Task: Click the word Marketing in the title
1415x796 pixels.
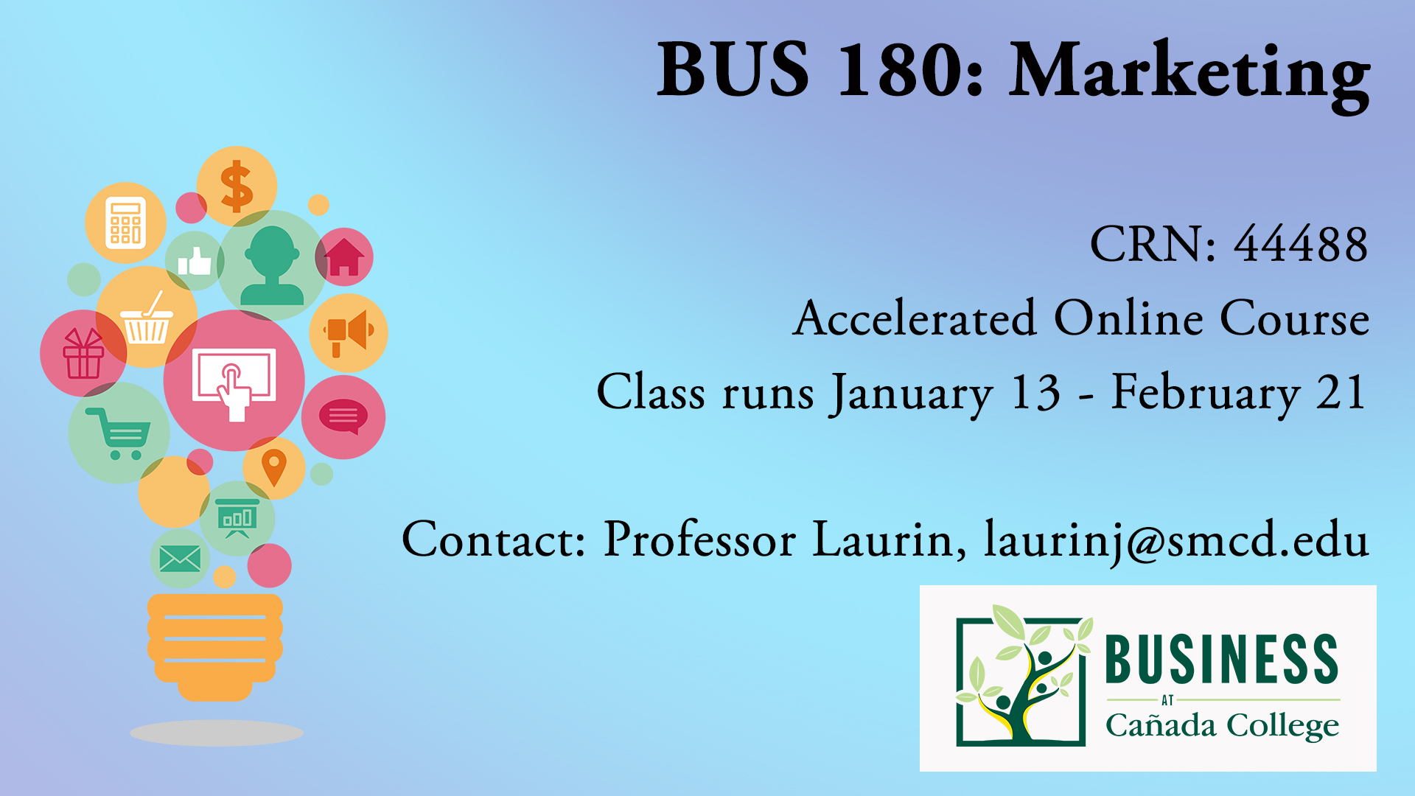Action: coord(1189,74)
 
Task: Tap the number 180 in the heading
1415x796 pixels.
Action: coord(900,70)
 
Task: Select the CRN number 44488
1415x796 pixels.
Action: coord(1302,244)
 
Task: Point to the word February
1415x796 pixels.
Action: coord(1206,394)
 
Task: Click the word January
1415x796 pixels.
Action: coord(912,394)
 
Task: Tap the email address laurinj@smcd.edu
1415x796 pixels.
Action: coord(1177,540)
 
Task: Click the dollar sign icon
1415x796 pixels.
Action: coord(237,186)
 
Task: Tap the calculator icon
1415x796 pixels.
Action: coord(125,222)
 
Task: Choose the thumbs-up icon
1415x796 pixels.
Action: coord(195,261)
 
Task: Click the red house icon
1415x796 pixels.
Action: coord(345,256)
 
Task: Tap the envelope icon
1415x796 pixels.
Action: coord(180,559)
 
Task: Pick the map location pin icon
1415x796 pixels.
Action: coord(274,468)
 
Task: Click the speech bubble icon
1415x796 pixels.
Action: coord(343,416)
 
